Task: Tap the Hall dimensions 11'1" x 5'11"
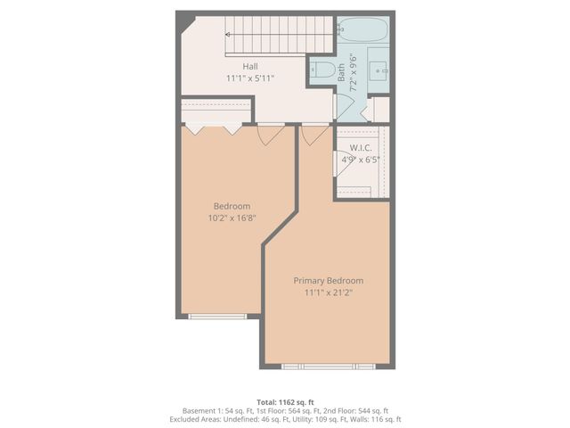tap(249, 78)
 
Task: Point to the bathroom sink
tap(377, 67)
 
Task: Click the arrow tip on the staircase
tap(228, 35)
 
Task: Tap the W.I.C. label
tap(360, 148)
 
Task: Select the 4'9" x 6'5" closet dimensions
tap(361, 160)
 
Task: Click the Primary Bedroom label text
tap(329, 280)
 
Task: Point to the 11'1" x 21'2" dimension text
tap(329, 292)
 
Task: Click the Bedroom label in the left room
tap(232, 206)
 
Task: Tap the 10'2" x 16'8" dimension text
tap(232, 218)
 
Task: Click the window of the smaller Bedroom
tap(219, 315)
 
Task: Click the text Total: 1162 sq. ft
tap(285, 402)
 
